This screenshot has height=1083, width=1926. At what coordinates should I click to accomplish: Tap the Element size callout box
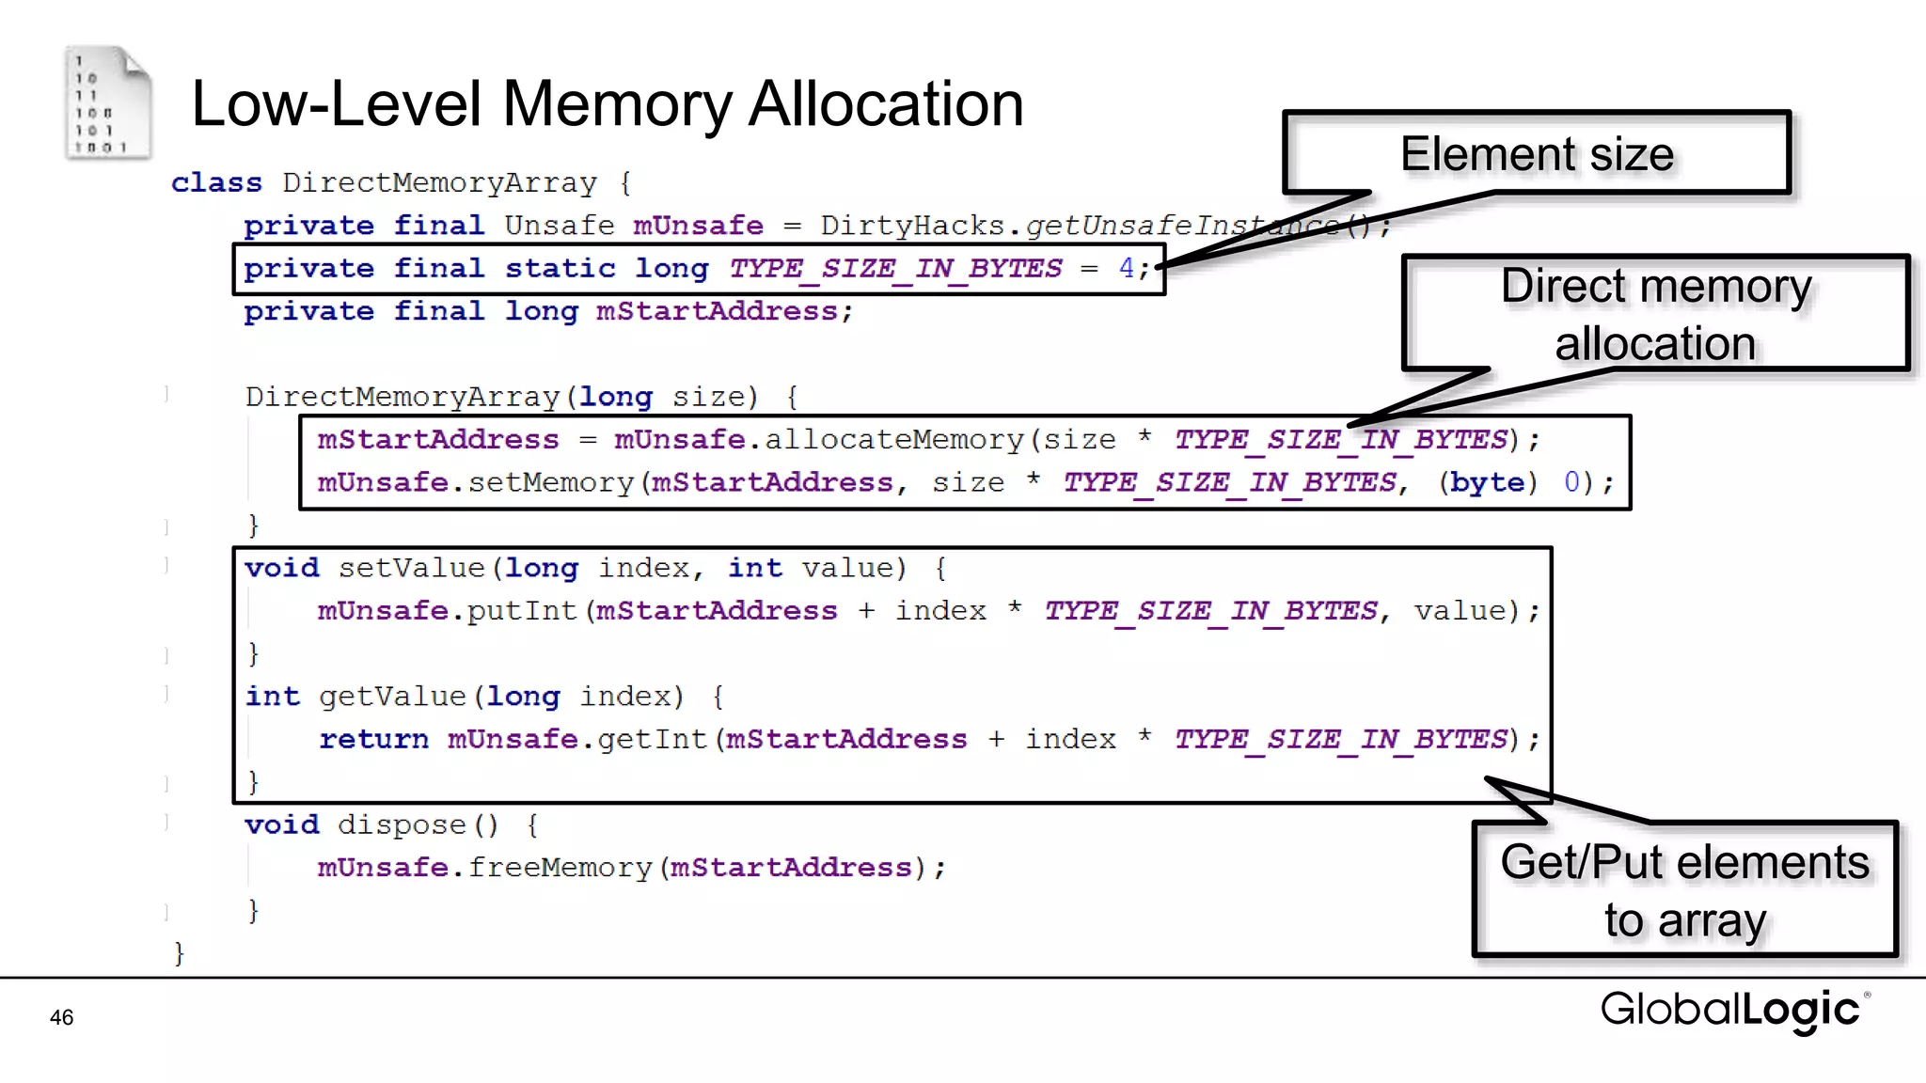click(x=1536, y=153)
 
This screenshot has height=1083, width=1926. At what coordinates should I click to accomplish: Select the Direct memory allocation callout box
click(x=1655, y=313)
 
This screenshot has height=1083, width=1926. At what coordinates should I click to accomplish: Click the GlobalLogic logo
click(x=1733, y=1010)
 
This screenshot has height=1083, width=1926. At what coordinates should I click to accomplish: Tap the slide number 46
click(x=62, y=1017)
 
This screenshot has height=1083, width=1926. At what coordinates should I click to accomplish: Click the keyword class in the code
click(x=216, y=182)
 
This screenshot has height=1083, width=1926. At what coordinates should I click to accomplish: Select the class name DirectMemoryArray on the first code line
click(x=439, y=182)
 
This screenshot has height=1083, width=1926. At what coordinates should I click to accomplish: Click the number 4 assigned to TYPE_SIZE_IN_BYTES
click(x=1126, y=268)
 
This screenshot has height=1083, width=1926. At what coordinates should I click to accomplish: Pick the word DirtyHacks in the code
click(x=911, y=226)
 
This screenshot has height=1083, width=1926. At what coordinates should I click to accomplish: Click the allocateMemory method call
click(x=893, y=439)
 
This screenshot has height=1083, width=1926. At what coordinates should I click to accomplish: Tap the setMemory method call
click(x=551, y=482)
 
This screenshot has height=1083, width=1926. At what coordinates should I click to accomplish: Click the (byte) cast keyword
click(x=1487, y=482)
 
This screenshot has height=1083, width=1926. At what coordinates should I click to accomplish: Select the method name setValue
click(x=411, y=568)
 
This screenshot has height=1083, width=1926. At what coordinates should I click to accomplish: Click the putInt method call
click(x=522, y=611)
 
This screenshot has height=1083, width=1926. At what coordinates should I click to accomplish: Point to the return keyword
click(x=373, y=739)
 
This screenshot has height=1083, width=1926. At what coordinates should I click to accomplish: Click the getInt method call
click(x=652, y=739)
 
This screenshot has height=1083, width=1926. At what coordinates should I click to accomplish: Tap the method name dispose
click(x=402, y=824)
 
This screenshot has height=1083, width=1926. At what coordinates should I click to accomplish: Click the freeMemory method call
click(x=560, y=868)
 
